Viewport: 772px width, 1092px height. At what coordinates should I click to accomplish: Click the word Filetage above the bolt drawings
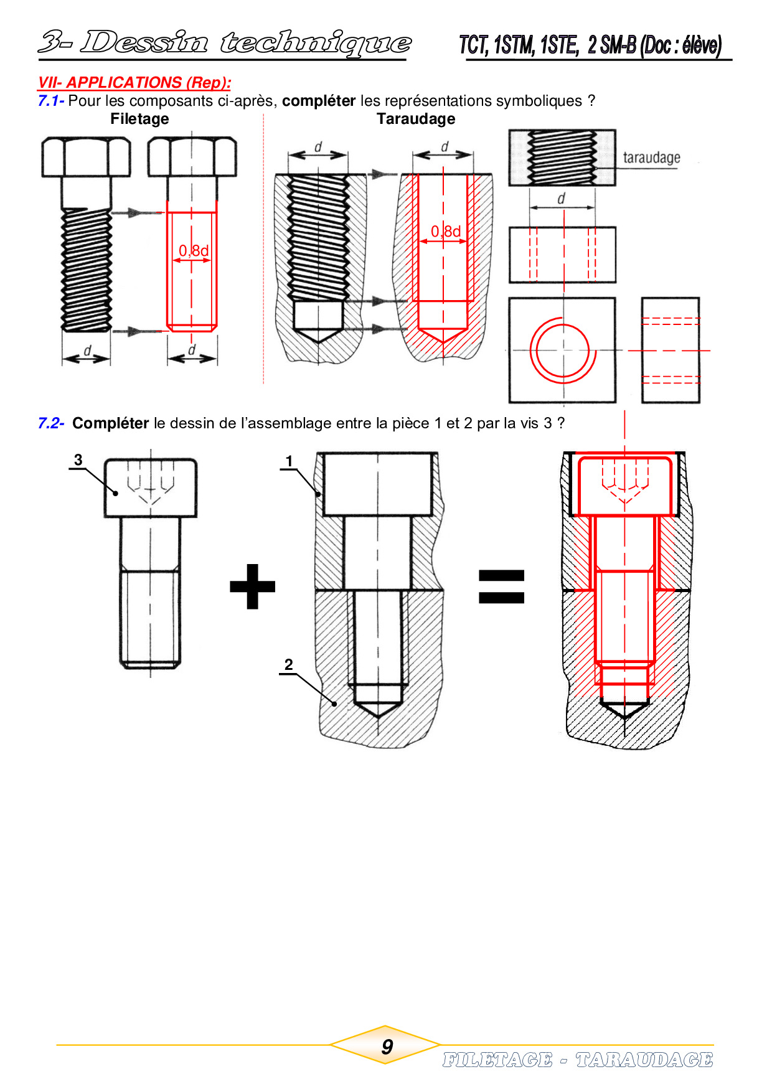[139, 119]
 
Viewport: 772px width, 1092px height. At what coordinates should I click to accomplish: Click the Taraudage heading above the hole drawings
[416, 119]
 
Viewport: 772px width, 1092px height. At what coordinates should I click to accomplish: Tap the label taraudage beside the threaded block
[651, 158]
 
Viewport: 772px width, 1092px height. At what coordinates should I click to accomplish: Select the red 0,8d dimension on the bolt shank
[194, 250]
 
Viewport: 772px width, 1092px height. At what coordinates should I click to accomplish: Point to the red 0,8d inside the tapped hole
[446, 232]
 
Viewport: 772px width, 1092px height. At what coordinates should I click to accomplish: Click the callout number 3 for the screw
[78, 460]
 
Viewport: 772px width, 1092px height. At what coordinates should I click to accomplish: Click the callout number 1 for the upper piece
[289, 461]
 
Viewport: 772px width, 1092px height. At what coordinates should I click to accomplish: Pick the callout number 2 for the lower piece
[288, 664]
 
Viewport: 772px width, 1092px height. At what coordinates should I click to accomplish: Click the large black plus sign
[252, 586]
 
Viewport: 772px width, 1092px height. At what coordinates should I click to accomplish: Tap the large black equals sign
[501, 587]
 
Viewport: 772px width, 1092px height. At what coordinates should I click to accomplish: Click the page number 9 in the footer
[387, 1047]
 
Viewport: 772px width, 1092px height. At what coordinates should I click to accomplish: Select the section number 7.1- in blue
[51, 101]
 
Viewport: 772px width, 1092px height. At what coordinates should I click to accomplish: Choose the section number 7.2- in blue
[51, 423]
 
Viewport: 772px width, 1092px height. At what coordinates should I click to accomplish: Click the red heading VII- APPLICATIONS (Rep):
[134, 83]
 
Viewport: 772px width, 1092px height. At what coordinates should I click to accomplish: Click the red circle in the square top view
[563, 350]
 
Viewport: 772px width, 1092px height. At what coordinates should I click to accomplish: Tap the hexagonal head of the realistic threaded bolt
[86, 158]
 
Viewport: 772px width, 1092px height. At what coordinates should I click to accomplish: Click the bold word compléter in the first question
[319, 101]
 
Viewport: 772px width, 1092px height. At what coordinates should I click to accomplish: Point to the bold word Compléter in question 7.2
[110, 423]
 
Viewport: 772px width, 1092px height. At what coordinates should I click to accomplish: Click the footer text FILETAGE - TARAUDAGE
[578, 1060]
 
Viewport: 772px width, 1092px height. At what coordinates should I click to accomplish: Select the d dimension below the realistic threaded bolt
[87, 354]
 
